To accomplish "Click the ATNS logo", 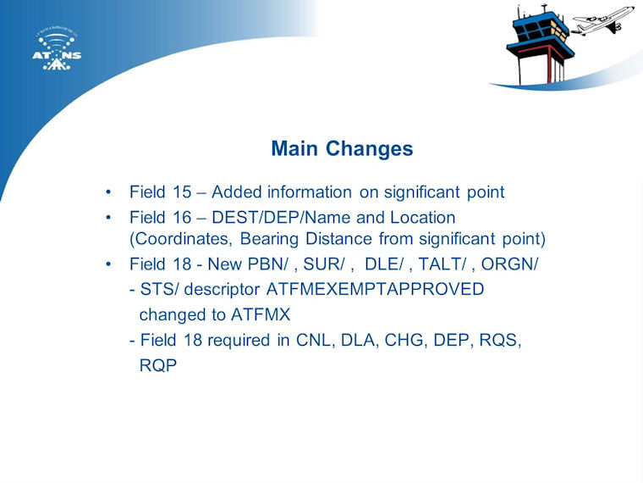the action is point(57,50).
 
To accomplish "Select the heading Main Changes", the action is point(342,148).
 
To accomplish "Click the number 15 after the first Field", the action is point(182,192).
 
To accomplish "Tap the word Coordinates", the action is point(180,239).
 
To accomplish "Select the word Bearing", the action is point(269,240).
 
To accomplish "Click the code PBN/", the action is point(268,264).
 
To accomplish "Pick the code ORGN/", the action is point(509,264).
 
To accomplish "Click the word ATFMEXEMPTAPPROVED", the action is point(375,289).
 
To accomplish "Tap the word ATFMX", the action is point(261,315).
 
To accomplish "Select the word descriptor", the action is point(222,290).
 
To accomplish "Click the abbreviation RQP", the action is point(158,365).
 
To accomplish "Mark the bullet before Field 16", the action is point(108,217).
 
